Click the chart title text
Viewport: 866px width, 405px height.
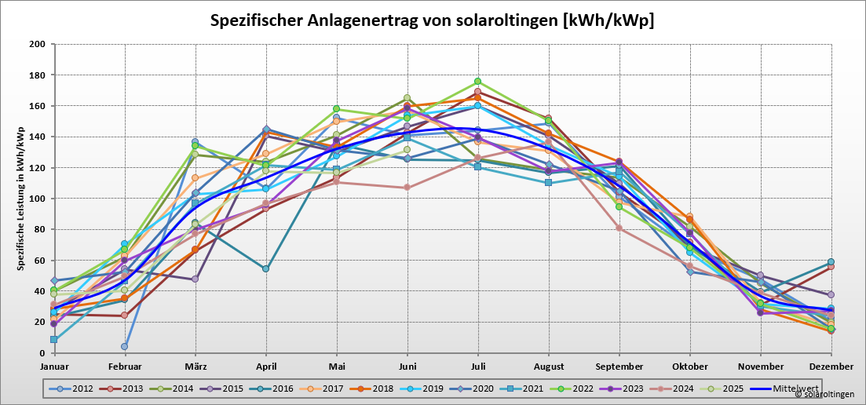[432, 20]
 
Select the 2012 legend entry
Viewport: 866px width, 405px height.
[76, 388]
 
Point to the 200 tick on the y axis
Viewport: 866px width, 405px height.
[37, 44]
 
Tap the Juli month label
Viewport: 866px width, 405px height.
[477, 367]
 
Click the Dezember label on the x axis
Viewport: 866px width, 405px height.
[831, 367]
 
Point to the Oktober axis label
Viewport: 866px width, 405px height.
[689, 367]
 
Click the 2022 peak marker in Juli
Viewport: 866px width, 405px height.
[477, 82]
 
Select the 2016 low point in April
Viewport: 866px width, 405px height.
[266, 268]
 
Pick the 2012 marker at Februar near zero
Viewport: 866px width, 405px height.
[124, 346]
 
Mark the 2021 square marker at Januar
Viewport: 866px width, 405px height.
[53, 340]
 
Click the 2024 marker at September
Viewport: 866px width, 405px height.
[619, 228]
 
